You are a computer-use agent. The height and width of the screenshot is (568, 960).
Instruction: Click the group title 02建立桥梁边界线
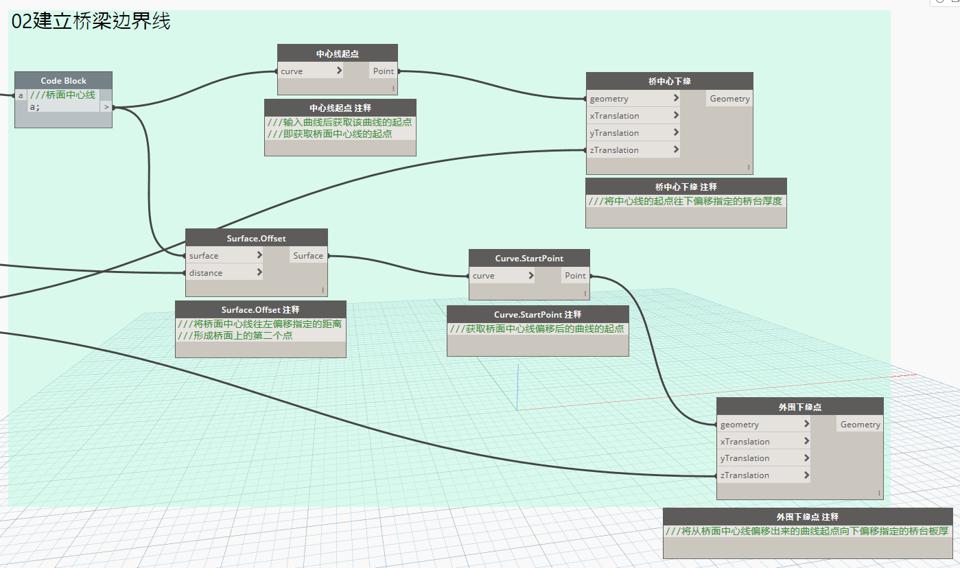tap(91, 21)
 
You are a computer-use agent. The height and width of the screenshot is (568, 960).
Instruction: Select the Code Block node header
tap(63, 80)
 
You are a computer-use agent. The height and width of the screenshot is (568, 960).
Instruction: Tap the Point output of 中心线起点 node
tap(383, 71)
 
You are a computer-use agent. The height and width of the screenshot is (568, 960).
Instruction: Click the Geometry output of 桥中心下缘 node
tap(729, 99)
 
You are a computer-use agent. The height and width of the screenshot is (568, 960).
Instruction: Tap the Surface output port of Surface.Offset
tap(308, 256)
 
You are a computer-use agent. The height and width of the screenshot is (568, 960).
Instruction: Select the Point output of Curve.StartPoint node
tap(575, 276)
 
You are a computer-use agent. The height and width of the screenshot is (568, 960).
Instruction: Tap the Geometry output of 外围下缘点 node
tap(860, 425)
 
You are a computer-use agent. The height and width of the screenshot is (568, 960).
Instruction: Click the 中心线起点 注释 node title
tap(340, 108)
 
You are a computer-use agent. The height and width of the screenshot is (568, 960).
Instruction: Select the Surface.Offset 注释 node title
tap(261, 309)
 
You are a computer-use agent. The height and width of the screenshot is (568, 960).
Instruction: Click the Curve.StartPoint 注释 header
tap(538, 314)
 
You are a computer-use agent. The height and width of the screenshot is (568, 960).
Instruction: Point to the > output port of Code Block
tap(106, 107)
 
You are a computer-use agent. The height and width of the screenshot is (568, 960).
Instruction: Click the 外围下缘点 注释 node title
tap(808, 517)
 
